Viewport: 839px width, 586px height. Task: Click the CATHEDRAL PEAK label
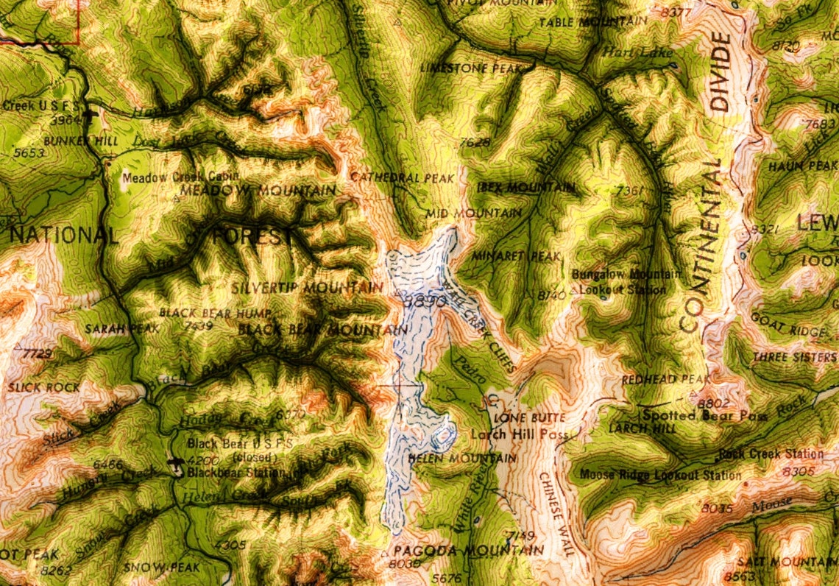[394, 177]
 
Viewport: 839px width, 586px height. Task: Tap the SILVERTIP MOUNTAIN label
[307, 287]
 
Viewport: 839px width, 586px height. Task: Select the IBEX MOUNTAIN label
[525, 188]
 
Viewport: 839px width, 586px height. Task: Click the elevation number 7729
[38, 355]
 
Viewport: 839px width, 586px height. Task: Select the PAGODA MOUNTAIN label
[469, 550]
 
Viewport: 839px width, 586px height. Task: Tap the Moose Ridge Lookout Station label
[660, 475]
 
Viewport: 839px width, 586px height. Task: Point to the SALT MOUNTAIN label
[795, 562]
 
